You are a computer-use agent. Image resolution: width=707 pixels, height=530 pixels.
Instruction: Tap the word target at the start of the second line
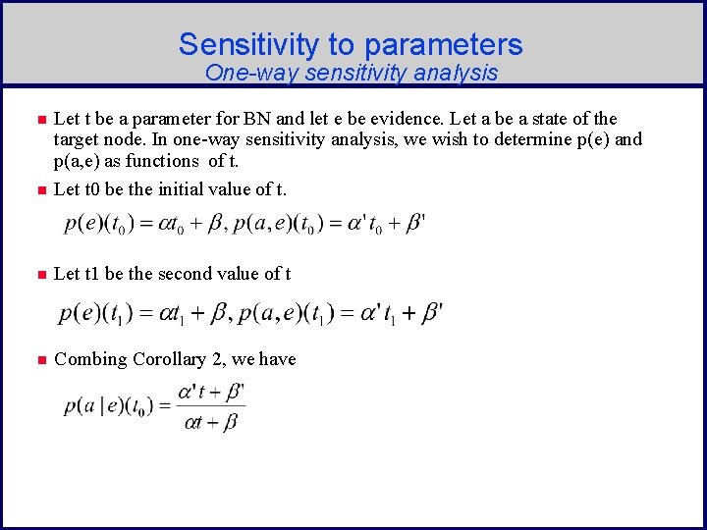78,139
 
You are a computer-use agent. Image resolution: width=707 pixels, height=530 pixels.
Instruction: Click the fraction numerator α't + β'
210,394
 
